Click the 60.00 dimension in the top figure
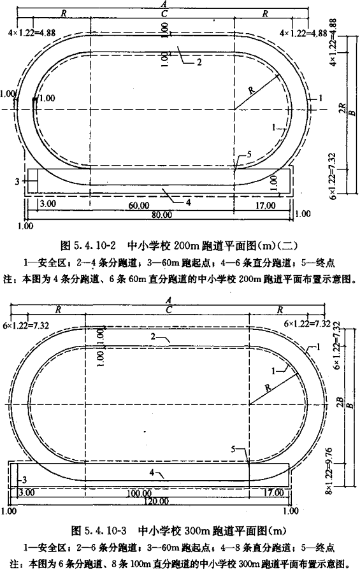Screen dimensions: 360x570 [139, 205]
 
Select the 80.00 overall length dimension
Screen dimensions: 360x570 [162, 215]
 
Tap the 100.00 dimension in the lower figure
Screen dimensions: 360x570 [140, 494]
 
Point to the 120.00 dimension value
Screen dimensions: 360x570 [156, 501]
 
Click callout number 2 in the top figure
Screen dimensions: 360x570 [199, 62]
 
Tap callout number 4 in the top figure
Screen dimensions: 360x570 [189, 202]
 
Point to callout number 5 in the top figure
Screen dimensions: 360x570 [249, 154]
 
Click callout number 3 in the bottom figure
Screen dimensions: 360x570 [24, 480]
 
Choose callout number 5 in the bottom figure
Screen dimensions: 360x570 [233, 449]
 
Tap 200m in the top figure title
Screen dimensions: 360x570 [186, 246]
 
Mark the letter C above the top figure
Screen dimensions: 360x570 [164, 14]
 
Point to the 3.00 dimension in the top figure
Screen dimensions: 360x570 [48, 203]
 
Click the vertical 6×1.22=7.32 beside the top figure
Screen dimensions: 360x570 [331, 175]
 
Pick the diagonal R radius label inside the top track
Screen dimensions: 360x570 [252, 90]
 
